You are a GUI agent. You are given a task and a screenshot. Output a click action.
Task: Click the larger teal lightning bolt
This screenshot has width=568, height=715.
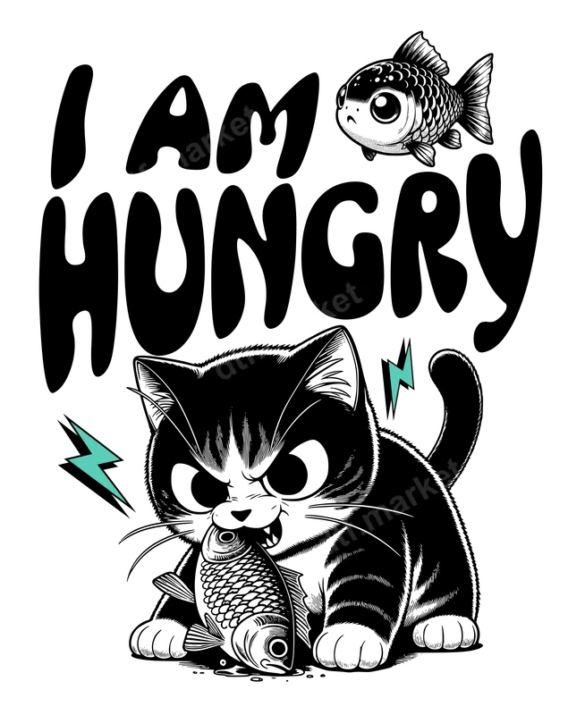[x=96, y=461]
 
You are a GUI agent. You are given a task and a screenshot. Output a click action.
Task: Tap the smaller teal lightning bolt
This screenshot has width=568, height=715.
[x=401, y=375]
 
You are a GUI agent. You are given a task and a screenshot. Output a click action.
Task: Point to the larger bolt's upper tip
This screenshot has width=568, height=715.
[x=72, y=424]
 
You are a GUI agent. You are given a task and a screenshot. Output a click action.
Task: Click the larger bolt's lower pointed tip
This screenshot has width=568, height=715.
[x=125, y=501]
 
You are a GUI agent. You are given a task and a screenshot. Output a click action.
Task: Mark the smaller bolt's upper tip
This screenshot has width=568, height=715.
[x=411, y=347]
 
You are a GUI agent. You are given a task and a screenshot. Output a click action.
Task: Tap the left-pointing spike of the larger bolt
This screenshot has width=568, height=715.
[x=70, y=460]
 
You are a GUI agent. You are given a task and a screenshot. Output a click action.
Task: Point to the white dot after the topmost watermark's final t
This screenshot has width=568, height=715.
[x=257, y=123]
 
